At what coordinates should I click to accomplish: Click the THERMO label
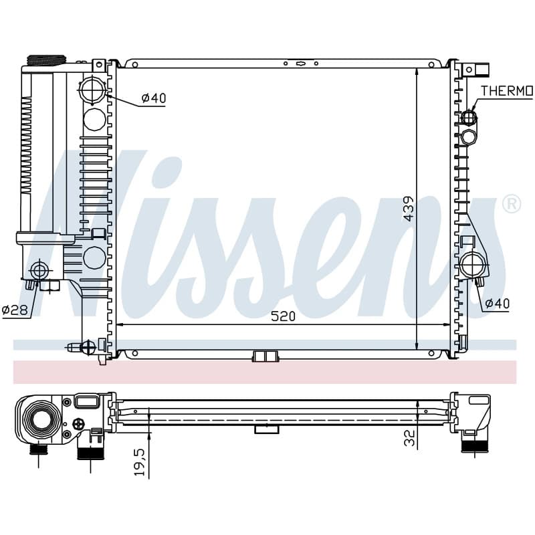pyautogui.click(x=507, y=91)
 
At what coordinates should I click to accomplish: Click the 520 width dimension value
pyautogui.click(x=283, y=316)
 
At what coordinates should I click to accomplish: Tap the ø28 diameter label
pyautogui.click(x=16, y=310)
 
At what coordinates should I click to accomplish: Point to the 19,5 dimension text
pyautogui.click(x=140, y=462)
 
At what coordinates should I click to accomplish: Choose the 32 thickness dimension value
pyautogui.click(x=409, y=438)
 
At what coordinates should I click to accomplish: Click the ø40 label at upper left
pyautogui.click(x=154, y=98)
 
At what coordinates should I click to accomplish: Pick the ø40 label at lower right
pyautogui.click(x=497, y=303)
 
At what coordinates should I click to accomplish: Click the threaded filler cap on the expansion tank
pyautogui.click(x=46, y=60)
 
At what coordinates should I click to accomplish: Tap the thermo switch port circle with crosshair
pyautogui.click(x=469, y=118)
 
